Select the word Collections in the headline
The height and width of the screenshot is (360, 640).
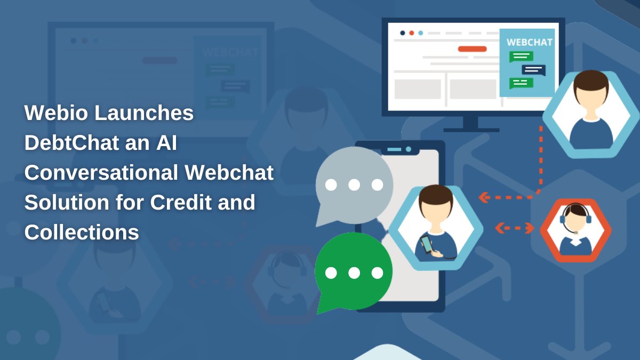[x=82, y=233]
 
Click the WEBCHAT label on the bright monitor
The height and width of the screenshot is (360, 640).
[x=529, y=42]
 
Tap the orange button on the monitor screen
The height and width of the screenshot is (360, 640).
[x=472, y=49]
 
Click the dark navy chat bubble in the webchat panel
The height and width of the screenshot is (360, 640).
[x=533, y=70]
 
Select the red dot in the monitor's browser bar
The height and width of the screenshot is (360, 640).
[x=411, y=33]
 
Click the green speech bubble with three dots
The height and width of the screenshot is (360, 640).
[x=354, y=272]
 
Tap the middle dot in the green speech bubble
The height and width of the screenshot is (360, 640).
[x=354, y=273]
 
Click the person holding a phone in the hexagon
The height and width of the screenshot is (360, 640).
[x=436, y=227]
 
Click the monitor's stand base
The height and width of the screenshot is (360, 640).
[x=471, y=130]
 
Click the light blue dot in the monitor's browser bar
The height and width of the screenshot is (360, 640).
[x=420, y=33]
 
